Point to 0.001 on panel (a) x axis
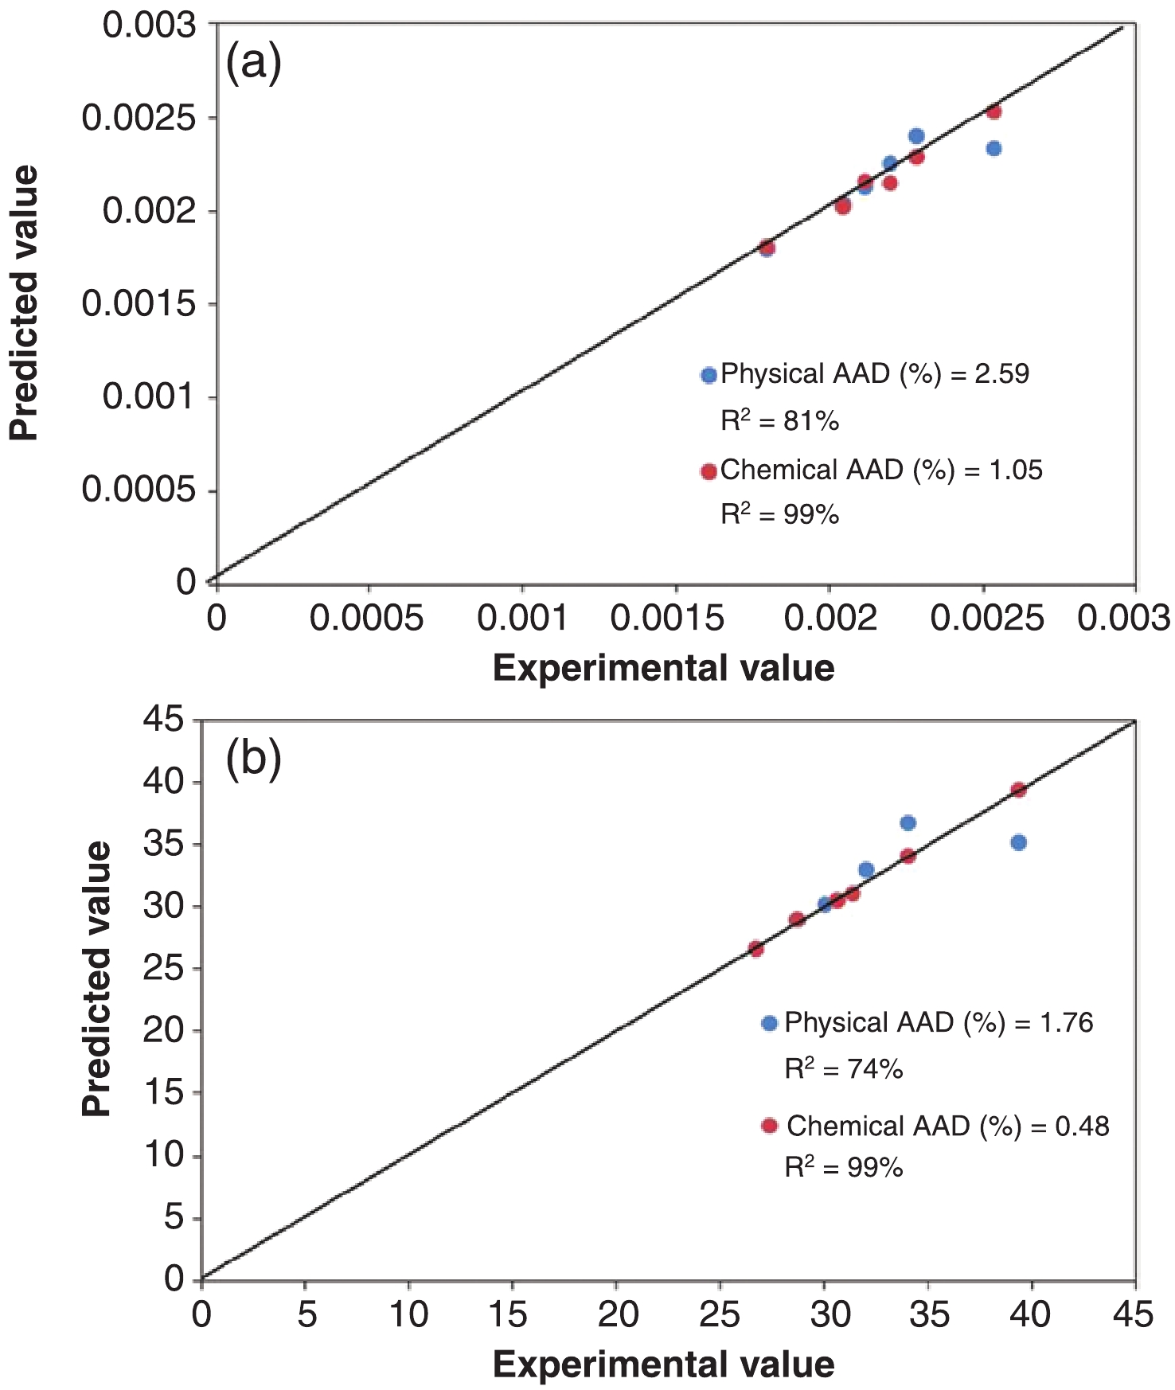point(522,618)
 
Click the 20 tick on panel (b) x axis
point(617,1314)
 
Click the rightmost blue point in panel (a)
point(993,148)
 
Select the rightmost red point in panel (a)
point(993,111)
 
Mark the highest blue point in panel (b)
point(908,822)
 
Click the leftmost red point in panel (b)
point(755,948)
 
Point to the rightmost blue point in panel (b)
point(1018,842)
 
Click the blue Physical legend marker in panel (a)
point(709,375)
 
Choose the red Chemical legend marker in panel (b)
point(769,1126)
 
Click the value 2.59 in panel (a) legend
point(1001,374)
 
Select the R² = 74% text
point(844,1068)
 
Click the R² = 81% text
point(779,420)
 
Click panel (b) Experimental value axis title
point(663,1365)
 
